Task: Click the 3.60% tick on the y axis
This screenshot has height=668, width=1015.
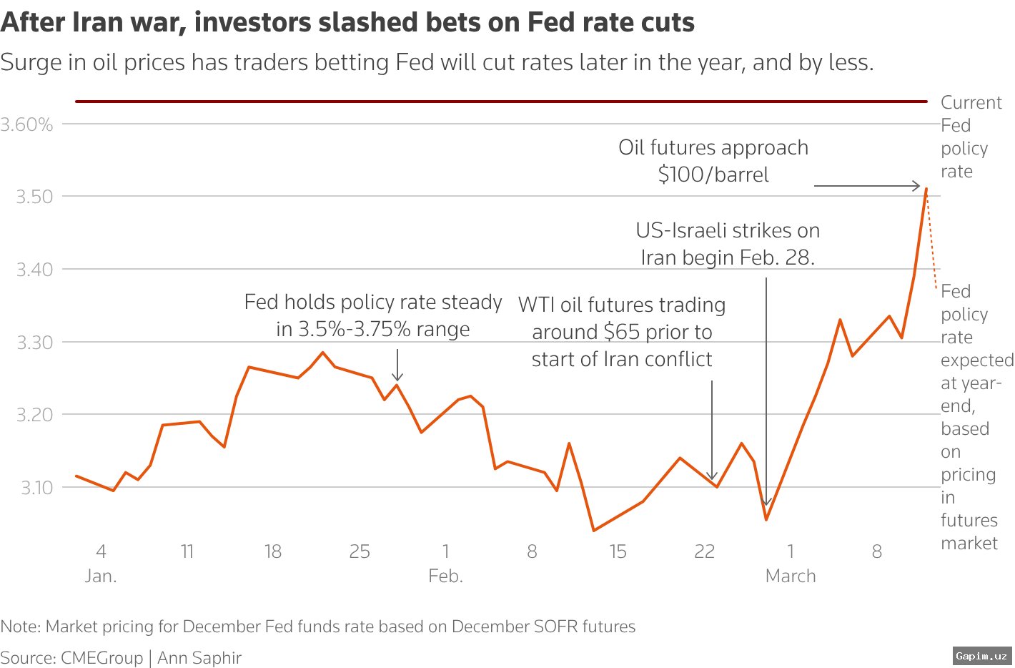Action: coord(27,124)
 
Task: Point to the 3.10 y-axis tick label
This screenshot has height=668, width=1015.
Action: coord(36,488)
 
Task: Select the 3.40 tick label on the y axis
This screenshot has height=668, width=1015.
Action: coord(35,270)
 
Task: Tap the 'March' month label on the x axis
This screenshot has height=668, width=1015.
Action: coord(790,576)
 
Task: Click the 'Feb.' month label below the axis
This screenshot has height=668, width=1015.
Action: coord(445,576)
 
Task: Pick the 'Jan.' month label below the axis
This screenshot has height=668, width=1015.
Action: coord(101,576)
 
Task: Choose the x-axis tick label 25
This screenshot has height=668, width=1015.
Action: coord(360,551)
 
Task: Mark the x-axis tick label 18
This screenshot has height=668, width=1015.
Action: coord(273,551)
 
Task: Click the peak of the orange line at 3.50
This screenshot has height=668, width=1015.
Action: coord(926,189)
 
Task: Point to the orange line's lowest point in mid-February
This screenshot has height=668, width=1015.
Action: coord(593,530)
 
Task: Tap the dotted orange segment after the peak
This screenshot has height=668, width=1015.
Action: coord(931,240)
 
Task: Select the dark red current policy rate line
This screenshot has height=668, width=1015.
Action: coord(500,102)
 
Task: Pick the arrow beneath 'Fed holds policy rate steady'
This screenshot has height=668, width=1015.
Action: coord(397,365)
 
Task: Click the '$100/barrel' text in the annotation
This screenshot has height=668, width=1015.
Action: coord(713,175)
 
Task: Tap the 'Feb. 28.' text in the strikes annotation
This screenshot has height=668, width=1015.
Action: coord(779,257)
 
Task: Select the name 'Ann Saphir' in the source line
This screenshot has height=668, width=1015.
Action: coord(199,658)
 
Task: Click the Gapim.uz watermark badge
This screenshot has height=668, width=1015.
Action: coord(982,655)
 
